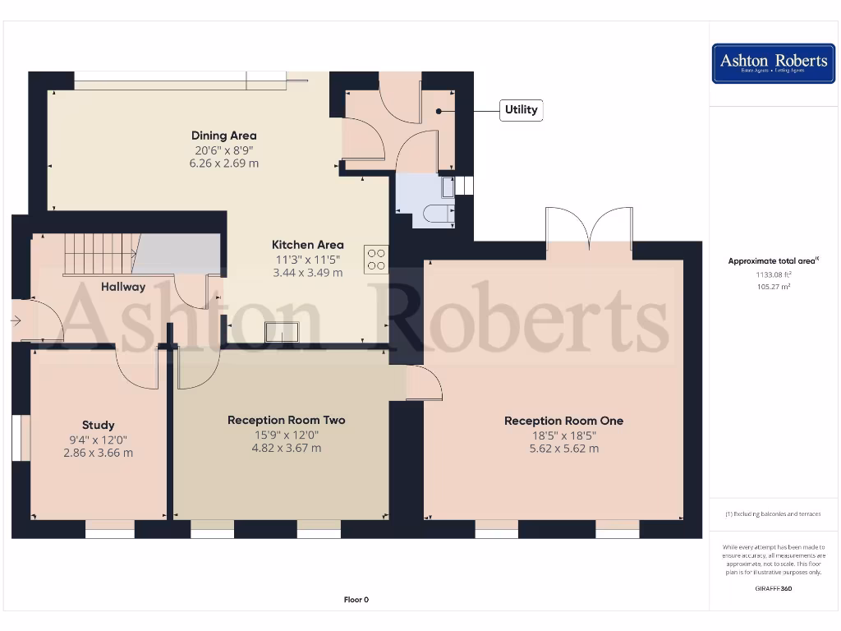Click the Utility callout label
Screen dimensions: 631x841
521,110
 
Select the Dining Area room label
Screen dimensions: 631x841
223,136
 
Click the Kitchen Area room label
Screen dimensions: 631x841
307,245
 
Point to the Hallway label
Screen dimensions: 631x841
123,287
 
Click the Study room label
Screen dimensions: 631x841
98,425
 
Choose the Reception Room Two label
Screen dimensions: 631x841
286,420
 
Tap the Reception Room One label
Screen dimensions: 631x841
563,421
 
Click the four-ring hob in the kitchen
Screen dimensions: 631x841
376,259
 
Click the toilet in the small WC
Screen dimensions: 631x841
437,214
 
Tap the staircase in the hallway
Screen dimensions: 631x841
98,254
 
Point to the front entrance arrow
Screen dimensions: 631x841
16,320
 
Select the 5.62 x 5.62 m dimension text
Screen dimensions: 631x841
563,449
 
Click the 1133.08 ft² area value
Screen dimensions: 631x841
773,274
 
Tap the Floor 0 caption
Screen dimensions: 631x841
356,600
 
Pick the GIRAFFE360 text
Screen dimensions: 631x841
773,588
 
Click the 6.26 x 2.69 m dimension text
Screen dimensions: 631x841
223,164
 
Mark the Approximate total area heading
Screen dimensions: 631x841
773,261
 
